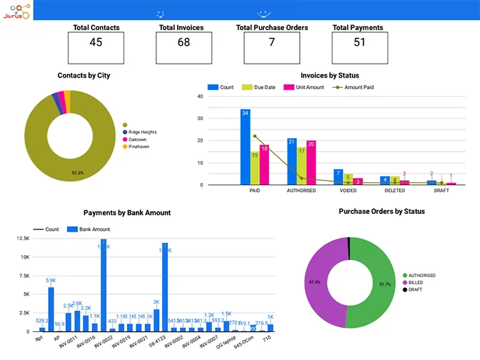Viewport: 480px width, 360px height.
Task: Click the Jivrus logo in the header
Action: [16, 10]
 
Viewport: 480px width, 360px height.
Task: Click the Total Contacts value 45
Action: [96, 43]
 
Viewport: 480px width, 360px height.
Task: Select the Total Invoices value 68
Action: [184, 43]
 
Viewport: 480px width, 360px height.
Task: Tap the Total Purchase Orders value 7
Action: [272, 43]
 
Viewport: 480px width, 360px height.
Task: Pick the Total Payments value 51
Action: [359, 43]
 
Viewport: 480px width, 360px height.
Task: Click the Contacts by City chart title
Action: [84, 75]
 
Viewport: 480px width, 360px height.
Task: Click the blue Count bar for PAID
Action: [245, 147]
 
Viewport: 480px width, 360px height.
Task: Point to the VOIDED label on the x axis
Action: [348, 191]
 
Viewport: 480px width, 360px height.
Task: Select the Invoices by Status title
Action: [329, 75]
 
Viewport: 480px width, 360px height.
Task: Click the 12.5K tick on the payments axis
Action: [23, 239]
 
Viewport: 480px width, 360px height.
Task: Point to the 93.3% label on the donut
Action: [77, 173]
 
